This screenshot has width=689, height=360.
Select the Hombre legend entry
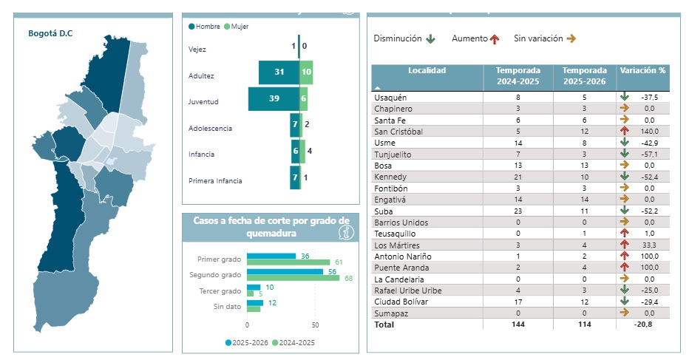207,27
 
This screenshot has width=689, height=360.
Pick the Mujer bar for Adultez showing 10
306,72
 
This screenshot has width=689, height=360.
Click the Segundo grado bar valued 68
293,278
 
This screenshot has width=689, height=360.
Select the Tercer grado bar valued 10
254,287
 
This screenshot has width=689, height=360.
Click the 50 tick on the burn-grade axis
315,325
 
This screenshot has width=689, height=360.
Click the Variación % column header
642,71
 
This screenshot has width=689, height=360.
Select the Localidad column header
427,71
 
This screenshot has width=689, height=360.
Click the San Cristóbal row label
400,132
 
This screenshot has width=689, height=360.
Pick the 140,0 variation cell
648,132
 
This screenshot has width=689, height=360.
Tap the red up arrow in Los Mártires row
624,245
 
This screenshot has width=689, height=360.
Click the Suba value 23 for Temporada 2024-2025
517,211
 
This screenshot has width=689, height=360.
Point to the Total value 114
584,325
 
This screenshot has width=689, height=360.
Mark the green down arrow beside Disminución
430,38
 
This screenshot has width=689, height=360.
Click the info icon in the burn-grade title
344,232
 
